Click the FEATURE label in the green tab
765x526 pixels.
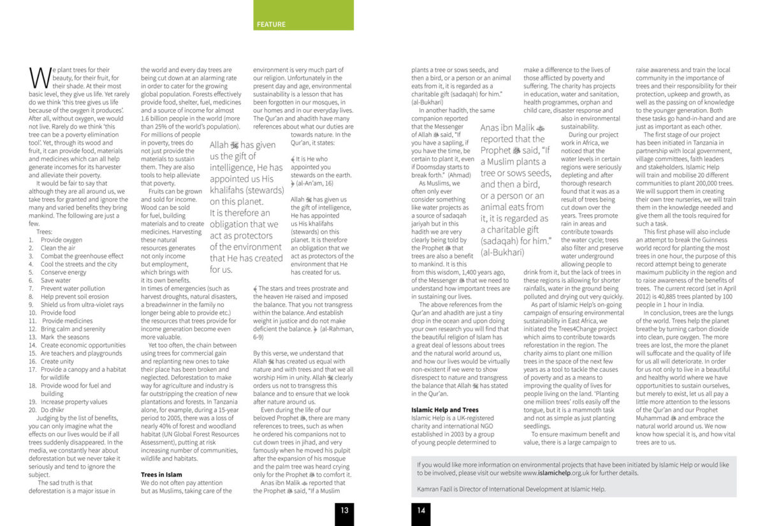[x=271, y=24]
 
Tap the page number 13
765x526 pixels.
[x=344, y=509]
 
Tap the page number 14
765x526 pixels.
[x=421, y=509]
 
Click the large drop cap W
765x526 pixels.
[x=39, y=78]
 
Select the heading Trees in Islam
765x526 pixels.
[x=161, y=474]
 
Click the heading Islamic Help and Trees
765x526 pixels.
[x=445, y=409]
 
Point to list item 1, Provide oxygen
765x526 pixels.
[x=61, y=240]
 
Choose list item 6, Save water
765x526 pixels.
[x=55, y=281]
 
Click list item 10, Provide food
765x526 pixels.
[x=58, y=312]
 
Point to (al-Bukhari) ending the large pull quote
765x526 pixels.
[x=502, y=252]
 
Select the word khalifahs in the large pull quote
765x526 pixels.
[x=231, y=190]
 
